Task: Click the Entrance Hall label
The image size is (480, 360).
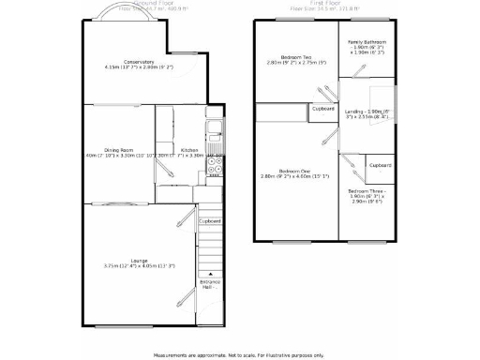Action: coord(210,284)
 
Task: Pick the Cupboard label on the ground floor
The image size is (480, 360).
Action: coord(210,221)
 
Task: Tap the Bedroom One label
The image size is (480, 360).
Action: coord(294,172)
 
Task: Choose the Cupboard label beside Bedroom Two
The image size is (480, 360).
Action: coord(323,110)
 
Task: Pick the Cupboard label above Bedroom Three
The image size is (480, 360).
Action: coord(381,165)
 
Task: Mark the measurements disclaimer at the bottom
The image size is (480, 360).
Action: coord(239,354)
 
